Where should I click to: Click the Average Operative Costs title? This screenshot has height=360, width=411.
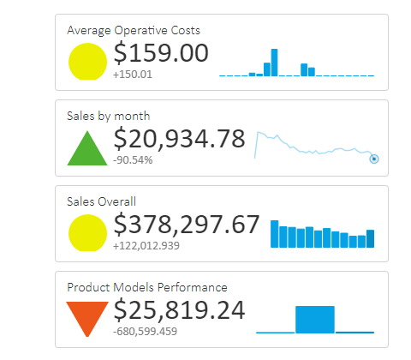click(x=134, y=30)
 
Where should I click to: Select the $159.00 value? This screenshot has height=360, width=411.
click(x=161, y=53)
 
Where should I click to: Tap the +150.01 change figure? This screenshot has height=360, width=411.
click(x=132, y=75)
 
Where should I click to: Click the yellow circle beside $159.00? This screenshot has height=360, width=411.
click(x=87, y=61)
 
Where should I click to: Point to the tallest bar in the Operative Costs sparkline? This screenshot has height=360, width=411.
click(x=275, y=63)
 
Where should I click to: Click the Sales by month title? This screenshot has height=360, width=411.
click(x=108, y=116)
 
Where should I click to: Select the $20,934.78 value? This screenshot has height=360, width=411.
click(x=179, y=139)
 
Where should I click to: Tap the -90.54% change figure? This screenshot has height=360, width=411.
click(x=133, y=159)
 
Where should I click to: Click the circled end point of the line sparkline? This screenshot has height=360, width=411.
click(x=373, y=159)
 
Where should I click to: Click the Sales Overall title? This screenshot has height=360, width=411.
click(x=101, y=201)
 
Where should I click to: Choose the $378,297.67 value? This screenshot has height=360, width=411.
click(x=186, y=225)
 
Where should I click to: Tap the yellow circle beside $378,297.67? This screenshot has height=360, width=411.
click(x=87, y=232)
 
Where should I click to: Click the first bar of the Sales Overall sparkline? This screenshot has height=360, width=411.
click(x=275, y=235)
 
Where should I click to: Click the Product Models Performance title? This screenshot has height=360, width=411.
click(x=146, y=287)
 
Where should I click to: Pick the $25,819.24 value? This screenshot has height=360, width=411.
click(x=179, y=310)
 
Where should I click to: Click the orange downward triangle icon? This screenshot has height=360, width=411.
click(x=87, y=317)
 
